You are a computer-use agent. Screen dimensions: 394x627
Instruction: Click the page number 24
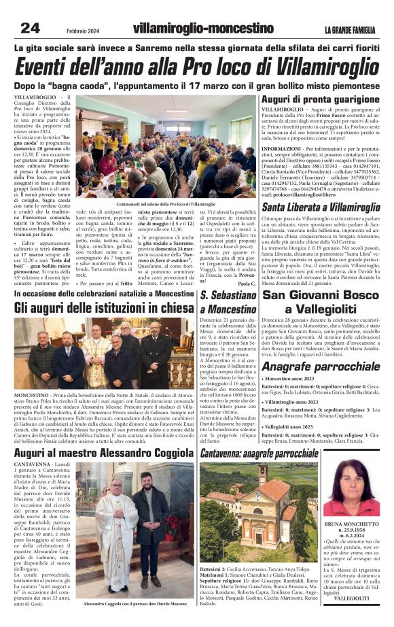(x=30, y=28)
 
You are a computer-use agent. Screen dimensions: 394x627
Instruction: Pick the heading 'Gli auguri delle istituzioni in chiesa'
(x=103, y=308)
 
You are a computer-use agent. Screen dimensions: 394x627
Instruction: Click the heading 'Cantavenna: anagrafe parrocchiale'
(x=259, y=452)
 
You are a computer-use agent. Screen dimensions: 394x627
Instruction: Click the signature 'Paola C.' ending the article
(x=247, y=284)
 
